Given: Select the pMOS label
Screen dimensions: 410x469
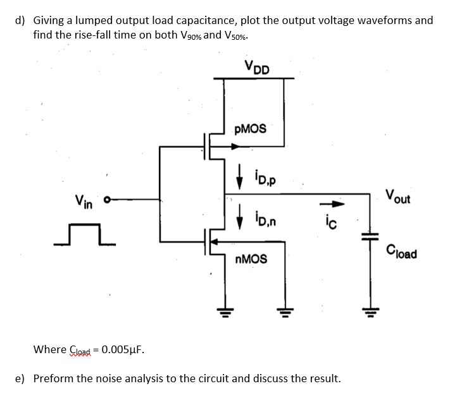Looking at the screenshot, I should (250, 129).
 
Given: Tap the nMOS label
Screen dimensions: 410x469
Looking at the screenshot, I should (250, 259).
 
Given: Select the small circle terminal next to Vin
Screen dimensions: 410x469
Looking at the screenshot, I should (107, 202).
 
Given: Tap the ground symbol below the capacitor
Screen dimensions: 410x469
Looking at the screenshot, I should (370, 309).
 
